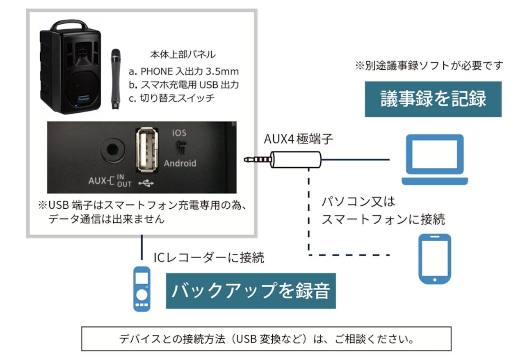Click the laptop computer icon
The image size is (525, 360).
435,160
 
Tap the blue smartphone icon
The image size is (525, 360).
434,259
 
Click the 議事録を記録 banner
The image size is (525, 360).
433,99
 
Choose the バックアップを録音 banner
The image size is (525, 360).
250,291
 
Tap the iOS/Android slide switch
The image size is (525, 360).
180,146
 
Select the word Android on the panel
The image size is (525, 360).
180,163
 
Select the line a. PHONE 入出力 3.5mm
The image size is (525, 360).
183,71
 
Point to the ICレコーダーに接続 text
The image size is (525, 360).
208,257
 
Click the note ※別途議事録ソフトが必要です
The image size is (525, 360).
429,66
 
